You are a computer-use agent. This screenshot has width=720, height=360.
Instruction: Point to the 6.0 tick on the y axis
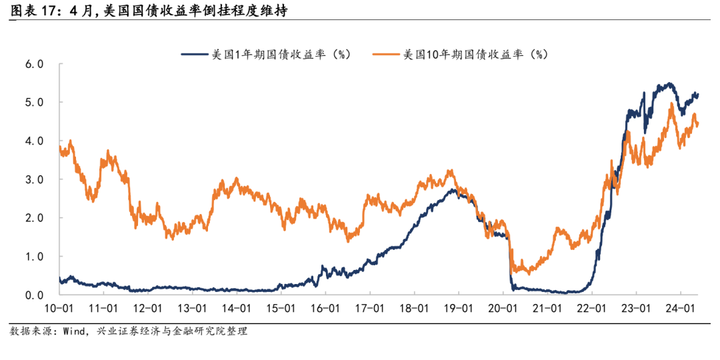(34, 65)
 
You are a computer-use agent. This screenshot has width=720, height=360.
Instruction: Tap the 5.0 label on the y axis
(34, 103)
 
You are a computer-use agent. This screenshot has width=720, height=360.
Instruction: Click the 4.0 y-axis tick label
(34, 141)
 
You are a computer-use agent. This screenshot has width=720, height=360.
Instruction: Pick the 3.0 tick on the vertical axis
(34, 180)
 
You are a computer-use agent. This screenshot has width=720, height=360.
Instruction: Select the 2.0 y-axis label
(34, 218)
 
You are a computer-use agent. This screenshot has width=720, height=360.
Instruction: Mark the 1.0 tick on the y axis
(34, 257)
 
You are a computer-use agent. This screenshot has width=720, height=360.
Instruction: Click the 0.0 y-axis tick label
(34, 295)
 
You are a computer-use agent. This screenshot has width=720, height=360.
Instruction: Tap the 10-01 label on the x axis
(59, 309)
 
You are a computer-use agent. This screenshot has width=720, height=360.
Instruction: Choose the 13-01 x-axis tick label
(192, 309)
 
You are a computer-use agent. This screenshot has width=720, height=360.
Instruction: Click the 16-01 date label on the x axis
(325, 309)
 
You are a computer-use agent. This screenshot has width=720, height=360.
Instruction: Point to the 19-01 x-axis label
(458, 309)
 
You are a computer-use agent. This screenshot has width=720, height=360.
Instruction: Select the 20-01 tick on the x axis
(502, 309)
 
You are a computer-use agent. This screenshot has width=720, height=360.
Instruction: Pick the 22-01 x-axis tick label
(591, 309)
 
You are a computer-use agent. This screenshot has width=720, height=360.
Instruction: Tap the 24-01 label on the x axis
(679, 309)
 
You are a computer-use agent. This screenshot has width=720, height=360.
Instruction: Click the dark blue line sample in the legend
(194, 55)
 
